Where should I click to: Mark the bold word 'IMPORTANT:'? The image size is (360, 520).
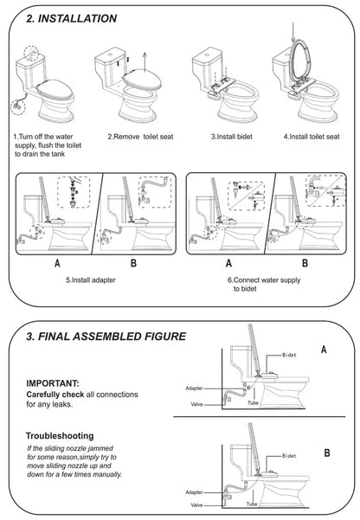point(55,382)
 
